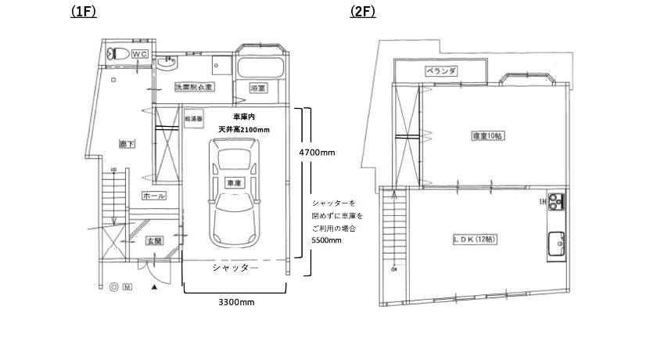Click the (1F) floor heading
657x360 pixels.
[83, 12]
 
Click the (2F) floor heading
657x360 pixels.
[363, 12]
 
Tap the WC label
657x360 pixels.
[139, 53]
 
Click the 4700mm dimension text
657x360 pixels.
[318, 153]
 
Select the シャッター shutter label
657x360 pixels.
[235, 268]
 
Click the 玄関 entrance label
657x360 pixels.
[153, 240]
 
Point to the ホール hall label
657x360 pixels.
[153, 195]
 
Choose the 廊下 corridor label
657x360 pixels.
[127, 145]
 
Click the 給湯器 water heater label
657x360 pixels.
[193, 119]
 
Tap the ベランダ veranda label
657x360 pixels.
[441, 71]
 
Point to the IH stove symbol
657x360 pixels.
[556, 203]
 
